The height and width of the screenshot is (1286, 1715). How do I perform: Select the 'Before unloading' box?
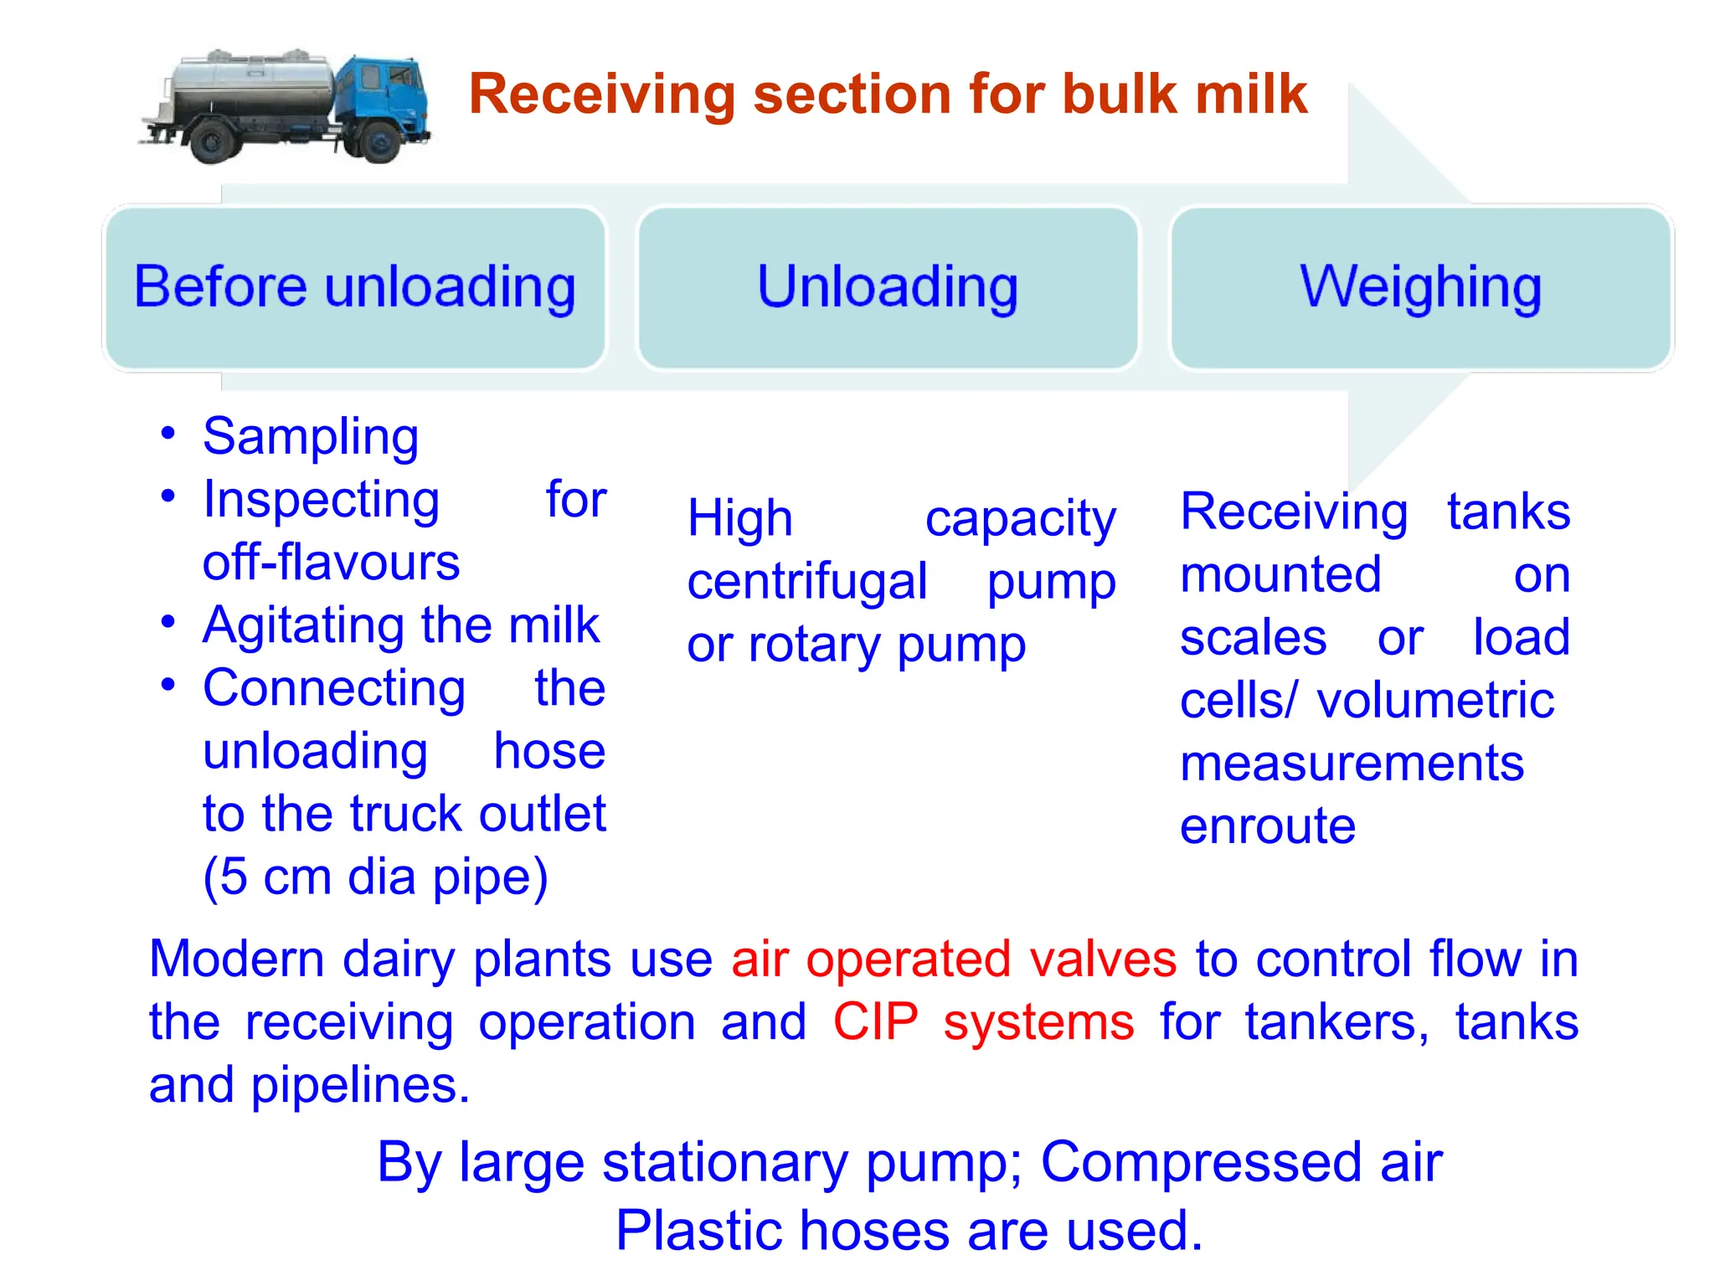pos(355,287)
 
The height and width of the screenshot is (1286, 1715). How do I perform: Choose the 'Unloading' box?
pos(888,287)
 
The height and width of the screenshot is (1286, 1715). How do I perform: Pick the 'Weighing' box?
pos(1420,287)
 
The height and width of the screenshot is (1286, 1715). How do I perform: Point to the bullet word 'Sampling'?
pos(311,437)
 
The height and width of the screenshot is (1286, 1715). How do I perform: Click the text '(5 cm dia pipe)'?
pos(375,877)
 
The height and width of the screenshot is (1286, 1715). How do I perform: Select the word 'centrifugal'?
pos(806,582)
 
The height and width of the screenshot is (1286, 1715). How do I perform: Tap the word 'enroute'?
pos(1267,826)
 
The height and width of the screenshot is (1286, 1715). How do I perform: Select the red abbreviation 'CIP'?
pos(875,1022)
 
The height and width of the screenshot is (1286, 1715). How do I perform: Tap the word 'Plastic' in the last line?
pos(699,1231)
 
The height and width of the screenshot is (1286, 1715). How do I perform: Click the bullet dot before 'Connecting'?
pos(168,685)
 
